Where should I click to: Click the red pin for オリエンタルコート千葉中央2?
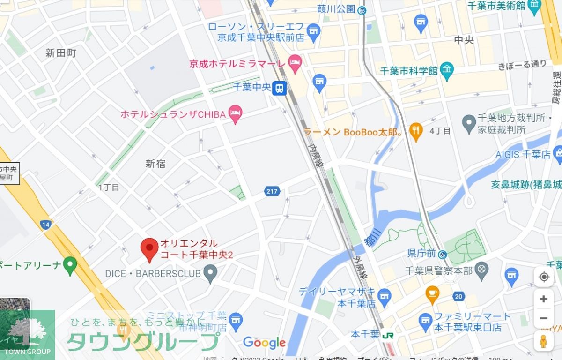coord(150,249)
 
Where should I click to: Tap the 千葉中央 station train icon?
coord(280,88)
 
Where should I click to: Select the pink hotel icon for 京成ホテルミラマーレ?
coord(295,64)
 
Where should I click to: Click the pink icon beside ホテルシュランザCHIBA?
coord(235,114)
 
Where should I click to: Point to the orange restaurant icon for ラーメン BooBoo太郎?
coord(416,131)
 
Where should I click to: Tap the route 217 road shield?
coord(272,191)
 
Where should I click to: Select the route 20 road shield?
coord(459,296)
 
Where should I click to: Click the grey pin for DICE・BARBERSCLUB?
coord(211,273)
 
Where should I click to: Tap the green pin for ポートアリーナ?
coord(70,265)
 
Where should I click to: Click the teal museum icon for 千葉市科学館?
coord(447,70)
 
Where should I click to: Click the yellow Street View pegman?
coord(543,341)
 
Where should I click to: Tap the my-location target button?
coord(543,277)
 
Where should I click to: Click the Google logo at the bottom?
coord(264,343)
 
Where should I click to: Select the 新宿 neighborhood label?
coord(155,164)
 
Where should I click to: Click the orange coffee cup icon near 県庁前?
coord(432,294)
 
